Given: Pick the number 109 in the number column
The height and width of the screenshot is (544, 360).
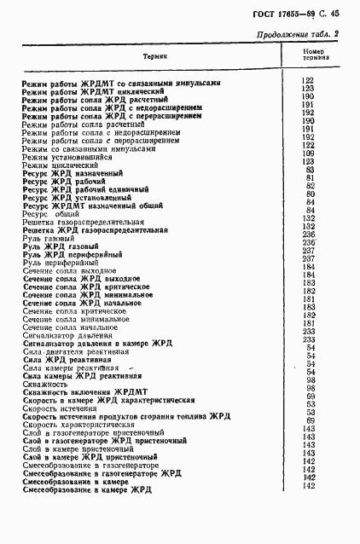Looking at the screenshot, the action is click(309, 153).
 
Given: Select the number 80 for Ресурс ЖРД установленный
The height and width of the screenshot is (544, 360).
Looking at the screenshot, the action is click(311, 194).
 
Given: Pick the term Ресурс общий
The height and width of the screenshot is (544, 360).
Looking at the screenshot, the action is click(54, 212).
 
